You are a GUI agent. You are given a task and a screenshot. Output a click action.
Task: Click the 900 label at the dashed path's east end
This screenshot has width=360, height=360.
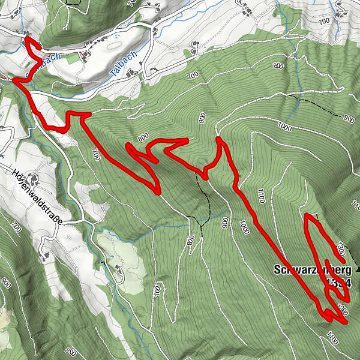point(346,118)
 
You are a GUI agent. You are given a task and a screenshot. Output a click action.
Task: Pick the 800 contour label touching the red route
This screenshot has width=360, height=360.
point(143,137)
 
